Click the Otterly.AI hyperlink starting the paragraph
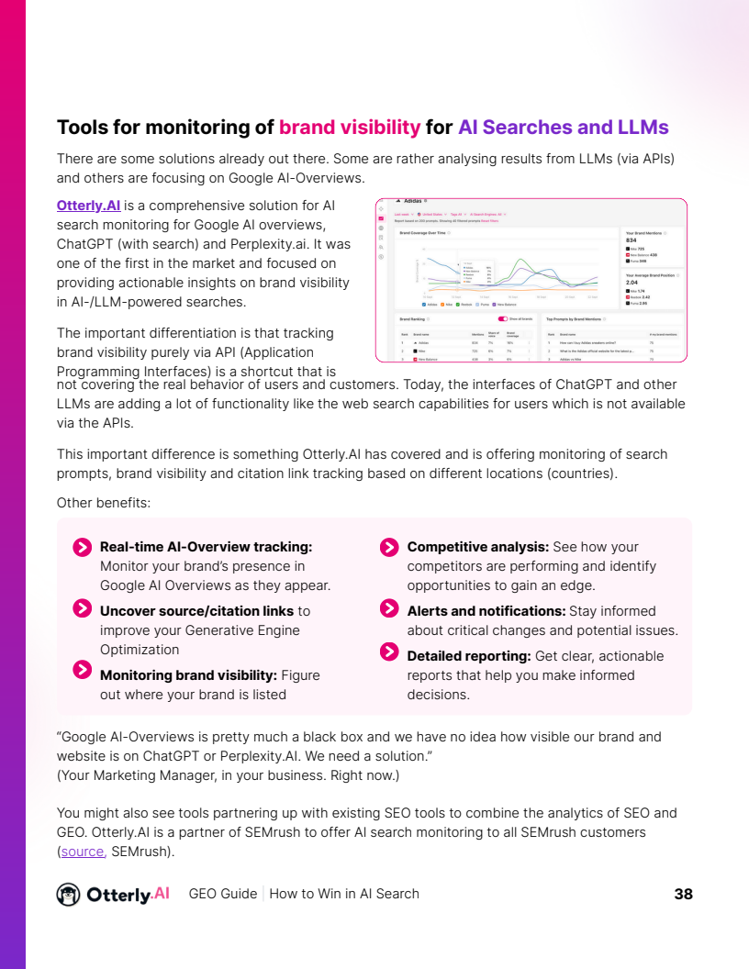coord(89,205)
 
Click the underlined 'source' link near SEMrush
coord(83,852)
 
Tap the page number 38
coord(683,894)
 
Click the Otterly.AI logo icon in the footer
coord(68,894)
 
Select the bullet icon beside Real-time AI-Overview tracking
coord(82,548)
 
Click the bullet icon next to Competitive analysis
coord(389,548)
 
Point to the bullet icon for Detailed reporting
coord(389,652)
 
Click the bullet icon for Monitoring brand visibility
coord(82,670)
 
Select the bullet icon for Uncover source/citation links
coord(82,608)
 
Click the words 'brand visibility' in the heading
coord(350,128)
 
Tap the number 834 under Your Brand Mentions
coord(631,240)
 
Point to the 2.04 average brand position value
coord(632,283)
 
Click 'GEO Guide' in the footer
coord(222,894)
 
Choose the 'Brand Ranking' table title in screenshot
coord(411,319)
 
